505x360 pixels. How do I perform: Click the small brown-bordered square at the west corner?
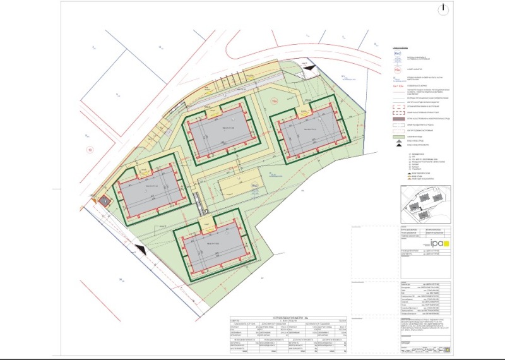click(x=104, y=200)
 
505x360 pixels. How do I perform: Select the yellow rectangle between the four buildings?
click(x=235, y=186)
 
